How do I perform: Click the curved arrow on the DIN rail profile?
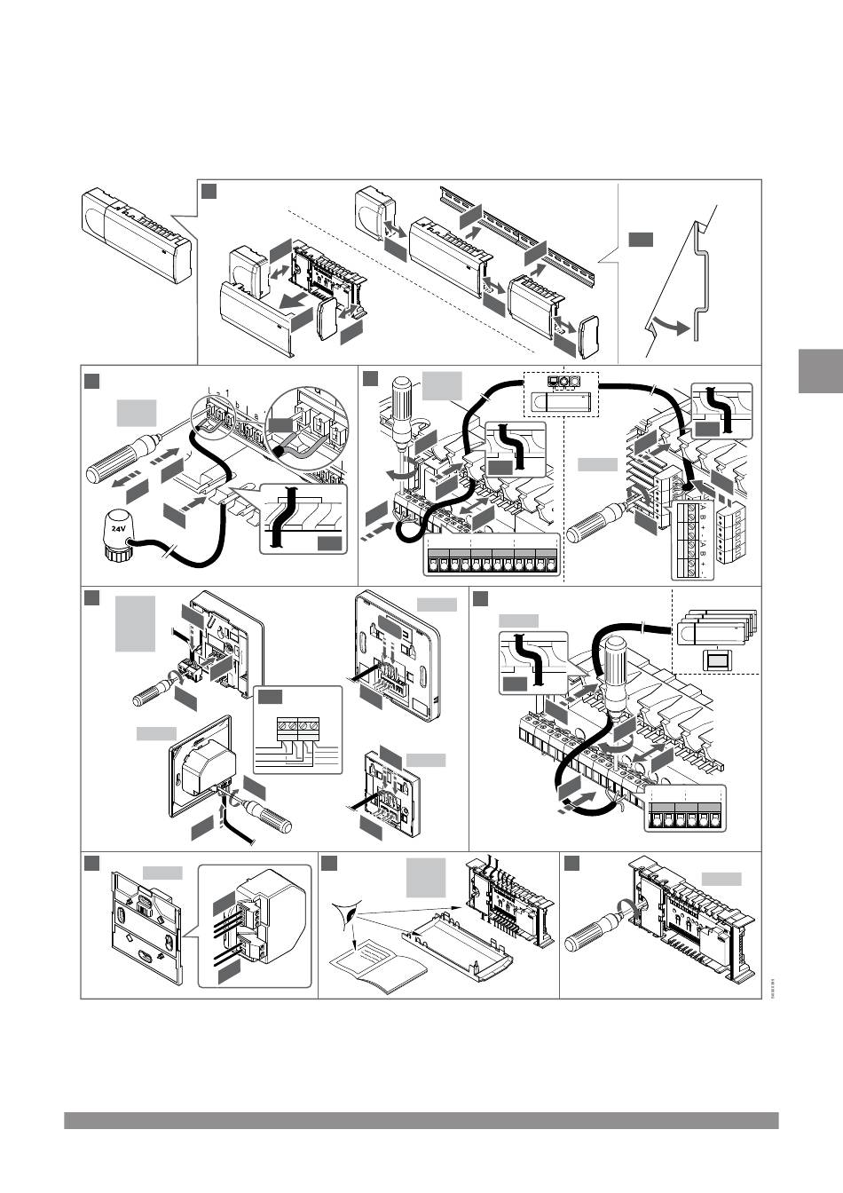pos(670,326)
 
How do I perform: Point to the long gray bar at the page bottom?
pos(421,1121)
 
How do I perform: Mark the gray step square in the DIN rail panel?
pos(641,239)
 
